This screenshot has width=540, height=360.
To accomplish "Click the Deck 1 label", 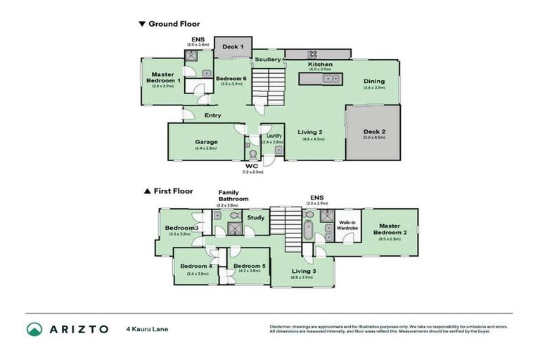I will [x=233, y=47].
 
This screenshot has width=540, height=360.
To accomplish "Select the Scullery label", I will [x=268, y=60].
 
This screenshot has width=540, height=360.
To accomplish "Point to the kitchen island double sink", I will [x=330, y=79].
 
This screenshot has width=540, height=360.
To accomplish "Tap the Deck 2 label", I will [x=373, y=131].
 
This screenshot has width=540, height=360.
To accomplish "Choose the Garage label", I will [x=206, y=141].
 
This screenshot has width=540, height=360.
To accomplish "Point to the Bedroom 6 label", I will [x=231, y=78].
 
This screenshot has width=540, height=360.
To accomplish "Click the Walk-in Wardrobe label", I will [x=347, y=224].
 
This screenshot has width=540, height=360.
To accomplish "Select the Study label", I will [x=257, y=218].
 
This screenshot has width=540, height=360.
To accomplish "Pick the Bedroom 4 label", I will [x=195, y=266].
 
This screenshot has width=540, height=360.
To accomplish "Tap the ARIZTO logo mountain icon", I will [x=34, y=329].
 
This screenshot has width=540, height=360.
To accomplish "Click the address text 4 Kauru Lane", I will [x=147, y=329].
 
